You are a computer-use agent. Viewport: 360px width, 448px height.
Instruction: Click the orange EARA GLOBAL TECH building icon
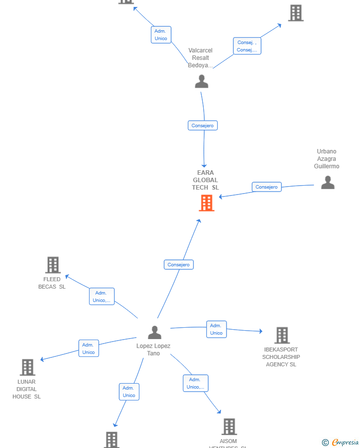pyautogui.click(x=207, y=203)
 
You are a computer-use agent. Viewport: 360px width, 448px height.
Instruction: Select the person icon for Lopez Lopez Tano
pyautogui.click(x=155, y=333)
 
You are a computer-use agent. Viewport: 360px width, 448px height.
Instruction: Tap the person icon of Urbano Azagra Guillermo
pyautogui.click(x=327, y=183)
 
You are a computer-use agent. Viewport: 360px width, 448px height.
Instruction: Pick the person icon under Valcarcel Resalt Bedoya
pyautogui.click(x=201, y=81)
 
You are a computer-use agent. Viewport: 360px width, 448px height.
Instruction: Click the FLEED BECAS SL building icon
pyautogui.click(x=53, y=265)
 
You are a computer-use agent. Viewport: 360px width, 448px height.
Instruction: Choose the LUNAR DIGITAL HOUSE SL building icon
pyautogui.click(x=28, y=367)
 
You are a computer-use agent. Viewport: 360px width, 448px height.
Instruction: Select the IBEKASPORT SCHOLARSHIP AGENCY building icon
pyautogui.click(x=282, y=335)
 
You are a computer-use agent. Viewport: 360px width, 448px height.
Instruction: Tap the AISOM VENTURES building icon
pyautogui.click(x=229, y=427)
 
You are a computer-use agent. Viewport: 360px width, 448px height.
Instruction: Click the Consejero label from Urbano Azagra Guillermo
pyautogui.click(x=267, y=187)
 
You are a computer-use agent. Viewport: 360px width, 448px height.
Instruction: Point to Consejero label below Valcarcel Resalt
pyautogui.click(x=203, y=126)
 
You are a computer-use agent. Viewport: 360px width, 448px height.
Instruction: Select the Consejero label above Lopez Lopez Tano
pyautogui.click(x=179, y=265)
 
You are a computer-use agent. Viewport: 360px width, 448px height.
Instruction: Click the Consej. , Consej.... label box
pyautogui.click(x=247, y=46)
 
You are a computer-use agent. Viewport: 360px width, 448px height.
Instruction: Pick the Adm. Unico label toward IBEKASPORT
pyautogui.click(x=216, y=329)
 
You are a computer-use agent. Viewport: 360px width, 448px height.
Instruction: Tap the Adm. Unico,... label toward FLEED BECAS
pyautogui.click(x=102, y=297)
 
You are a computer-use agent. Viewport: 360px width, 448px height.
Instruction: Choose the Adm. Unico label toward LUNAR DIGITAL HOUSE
pyautogui.click(x=89, y=348)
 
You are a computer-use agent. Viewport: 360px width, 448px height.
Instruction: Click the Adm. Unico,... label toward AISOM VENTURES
pyautogui.click(x=195, y=383)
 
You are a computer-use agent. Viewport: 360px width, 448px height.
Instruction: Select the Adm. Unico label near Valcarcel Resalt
pyautogui.click(x=161, y=35)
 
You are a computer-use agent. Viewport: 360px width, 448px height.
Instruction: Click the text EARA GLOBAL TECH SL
pyautogui.click(x=205, y=180)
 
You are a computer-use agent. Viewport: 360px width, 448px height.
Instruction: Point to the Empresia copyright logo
pyautogui.click(x=341, y=443)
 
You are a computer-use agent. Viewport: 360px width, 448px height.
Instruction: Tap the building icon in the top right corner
pyautogui.click(x=296, y=13)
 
